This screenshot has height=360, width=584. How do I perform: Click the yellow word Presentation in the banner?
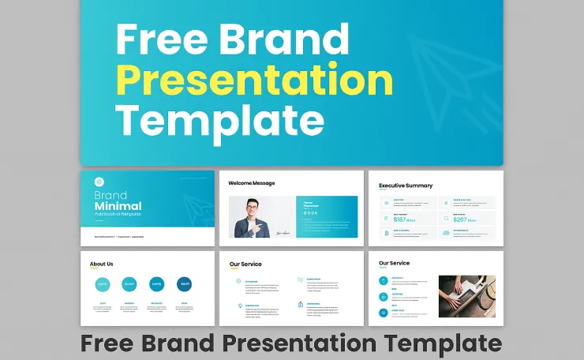tap(254, 80)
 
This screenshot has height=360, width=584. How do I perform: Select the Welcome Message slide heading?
tap(251, 183)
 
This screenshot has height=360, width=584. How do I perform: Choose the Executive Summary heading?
tap(405, 186)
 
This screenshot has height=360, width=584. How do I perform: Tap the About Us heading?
tap(101, 264)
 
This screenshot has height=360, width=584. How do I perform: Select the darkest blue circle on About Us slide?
tap(184, 284)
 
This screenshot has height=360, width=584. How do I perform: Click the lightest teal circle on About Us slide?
tap(102, 284)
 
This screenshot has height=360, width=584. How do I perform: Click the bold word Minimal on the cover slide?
tap(118, 206)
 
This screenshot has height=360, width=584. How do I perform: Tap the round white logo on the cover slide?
tap(99, 181)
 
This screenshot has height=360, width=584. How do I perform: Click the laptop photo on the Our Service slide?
tap(466, 295)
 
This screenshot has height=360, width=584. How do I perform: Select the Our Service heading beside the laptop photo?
tap(394, 263)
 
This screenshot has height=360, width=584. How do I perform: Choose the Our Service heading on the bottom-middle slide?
tap(245, 264)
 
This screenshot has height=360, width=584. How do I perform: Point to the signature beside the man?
tap(283, 232)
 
